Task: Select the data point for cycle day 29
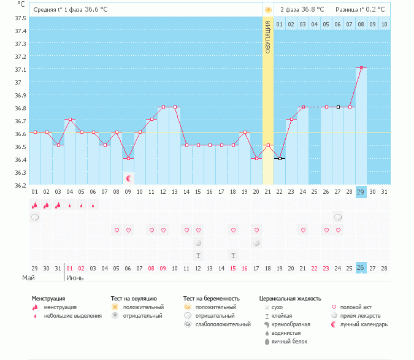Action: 361,68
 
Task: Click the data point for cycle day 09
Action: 128,158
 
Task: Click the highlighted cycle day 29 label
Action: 361,192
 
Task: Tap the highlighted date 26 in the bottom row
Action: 361,268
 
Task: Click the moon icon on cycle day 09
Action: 129,178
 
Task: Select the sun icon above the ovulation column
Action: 267,10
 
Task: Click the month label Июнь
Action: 75,278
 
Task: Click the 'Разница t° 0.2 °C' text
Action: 360,10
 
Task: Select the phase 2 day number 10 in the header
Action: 384,24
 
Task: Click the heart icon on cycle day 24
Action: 303,230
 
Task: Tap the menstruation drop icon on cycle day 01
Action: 35,205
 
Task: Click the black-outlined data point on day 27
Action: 338,107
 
